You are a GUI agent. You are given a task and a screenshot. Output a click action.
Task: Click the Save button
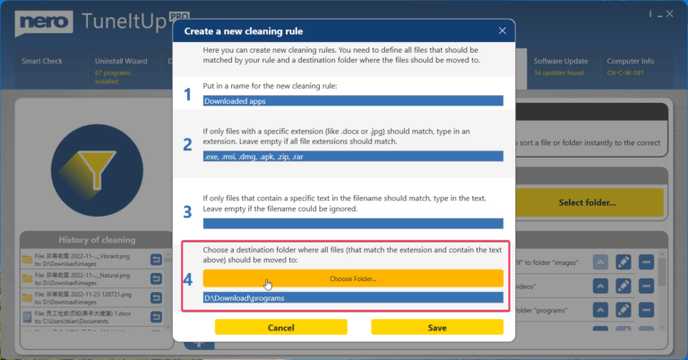[437, 328]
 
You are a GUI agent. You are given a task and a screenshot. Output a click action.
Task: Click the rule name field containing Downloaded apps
[353, 100]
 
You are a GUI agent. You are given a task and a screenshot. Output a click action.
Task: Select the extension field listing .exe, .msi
[353, 156]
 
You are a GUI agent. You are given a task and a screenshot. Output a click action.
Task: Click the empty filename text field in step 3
[353, 223]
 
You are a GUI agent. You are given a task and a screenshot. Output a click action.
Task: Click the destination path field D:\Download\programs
[353, 297]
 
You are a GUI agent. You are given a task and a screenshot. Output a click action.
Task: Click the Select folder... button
[587, 202]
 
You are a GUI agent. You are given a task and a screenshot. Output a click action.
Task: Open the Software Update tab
[561, 62]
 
